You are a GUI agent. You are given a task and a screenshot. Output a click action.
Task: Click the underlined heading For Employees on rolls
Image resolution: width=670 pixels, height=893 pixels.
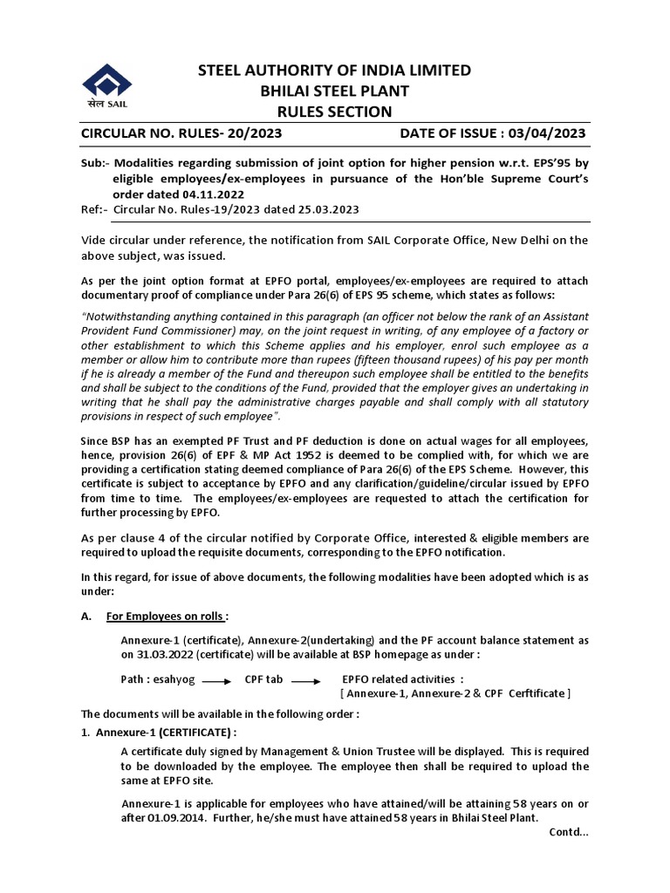pos(165,617)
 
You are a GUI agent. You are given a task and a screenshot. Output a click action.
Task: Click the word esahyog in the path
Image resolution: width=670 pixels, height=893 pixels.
pos(177,679)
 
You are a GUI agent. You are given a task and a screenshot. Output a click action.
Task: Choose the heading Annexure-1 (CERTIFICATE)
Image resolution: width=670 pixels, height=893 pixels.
pos(166,732)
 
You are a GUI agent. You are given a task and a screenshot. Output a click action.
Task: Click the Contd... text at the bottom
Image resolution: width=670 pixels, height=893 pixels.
pos(569,832)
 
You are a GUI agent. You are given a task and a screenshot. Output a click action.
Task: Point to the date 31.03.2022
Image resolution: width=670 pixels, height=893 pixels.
pos(155,654)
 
